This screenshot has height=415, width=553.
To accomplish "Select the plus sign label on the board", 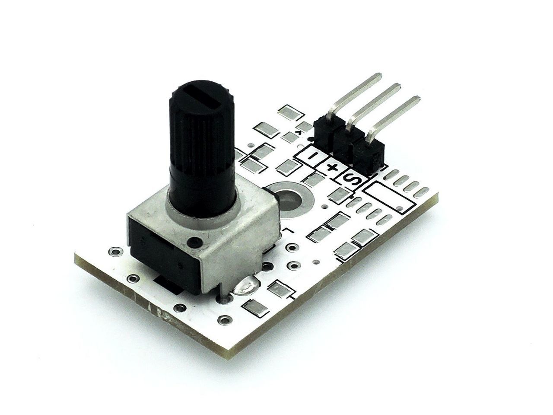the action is pos(331,167).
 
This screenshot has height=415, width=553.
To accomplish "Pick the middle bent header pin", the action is pos(373,106).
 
